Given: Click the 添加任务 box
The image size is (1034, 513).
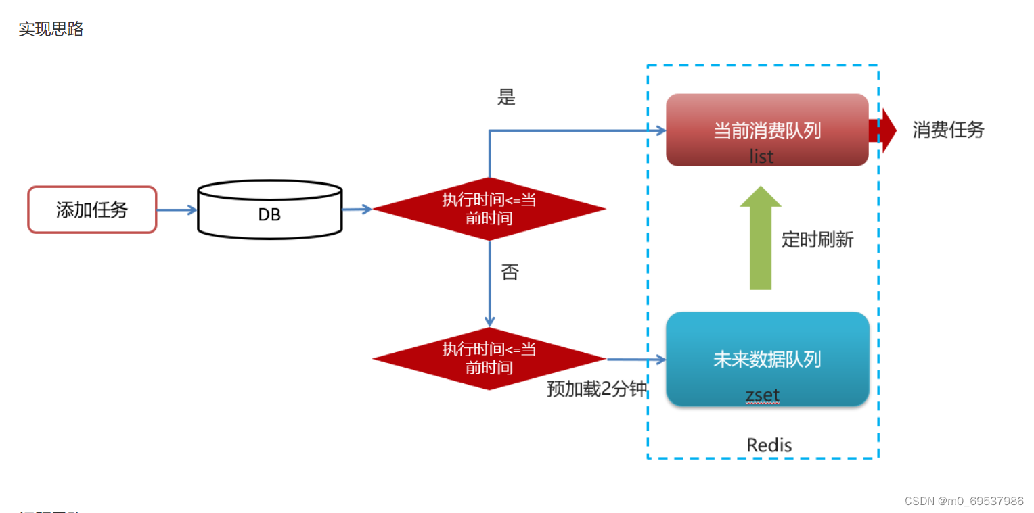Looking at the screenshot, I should click(92, 210).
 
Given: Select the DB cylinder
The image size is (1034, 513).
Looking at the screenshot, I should click(269, 211).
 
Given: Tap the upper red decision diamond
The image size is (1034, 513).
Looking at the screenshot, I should click(489, 209).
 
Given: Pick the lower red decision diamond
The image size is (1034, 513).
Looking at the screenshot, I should click(489, 358).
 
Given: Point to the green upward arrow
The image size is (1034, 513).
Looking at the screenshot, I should click(761, 238).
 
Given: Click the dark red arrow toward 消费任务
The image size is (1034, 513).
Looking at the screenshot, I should click(883, 130).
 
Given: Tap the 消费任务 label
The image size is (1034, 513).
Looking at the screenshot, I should click(948, 130).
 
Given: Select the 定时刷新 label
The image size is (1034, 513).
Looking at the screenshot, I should click(817, 239).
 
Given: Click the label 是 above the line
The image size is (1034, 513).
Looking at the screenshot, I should click(506, 97).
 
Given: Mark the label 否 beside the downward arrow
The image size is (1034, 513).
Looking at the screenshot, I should click(510, 272).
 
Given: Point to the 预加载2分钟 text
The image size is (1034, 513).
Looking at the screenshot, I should click(597, 389).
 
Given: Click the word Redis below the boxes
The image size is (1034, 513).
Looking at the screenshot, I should click(769, 445).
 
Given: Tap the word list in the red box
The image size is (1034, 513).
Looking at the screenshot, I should click(761, 156).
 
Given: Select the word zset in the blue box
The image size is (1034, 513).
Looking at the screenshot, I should click(763, 395).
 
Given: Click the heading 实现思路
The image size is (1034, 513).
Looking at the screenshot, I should click(51, 29).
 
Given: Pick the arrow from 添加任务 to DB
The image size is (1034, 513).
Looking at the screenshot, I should click(177, 210).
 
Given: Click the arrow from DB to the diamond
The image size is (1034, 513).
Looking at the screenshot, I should click(357, 210).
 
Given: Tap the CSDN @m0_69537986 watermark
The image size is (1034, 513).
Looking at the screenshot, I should click(964, 501).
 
